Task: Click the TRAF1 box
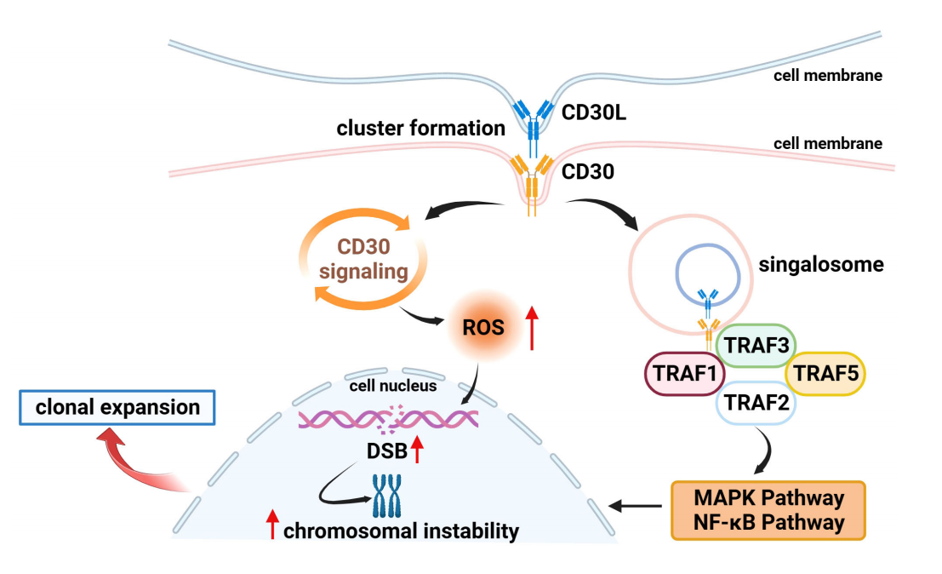point(678,373)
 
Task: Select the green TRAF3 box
point(753,347)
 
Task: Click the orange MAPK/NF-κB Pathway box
point(768,510)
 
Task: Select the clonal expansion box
point(117,408)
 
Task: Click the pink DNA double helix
point(388,418)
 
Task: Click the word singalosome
point(820,265)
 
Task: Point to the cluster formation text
point(420,129)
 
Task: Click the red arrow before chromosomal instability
point(272,525)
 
